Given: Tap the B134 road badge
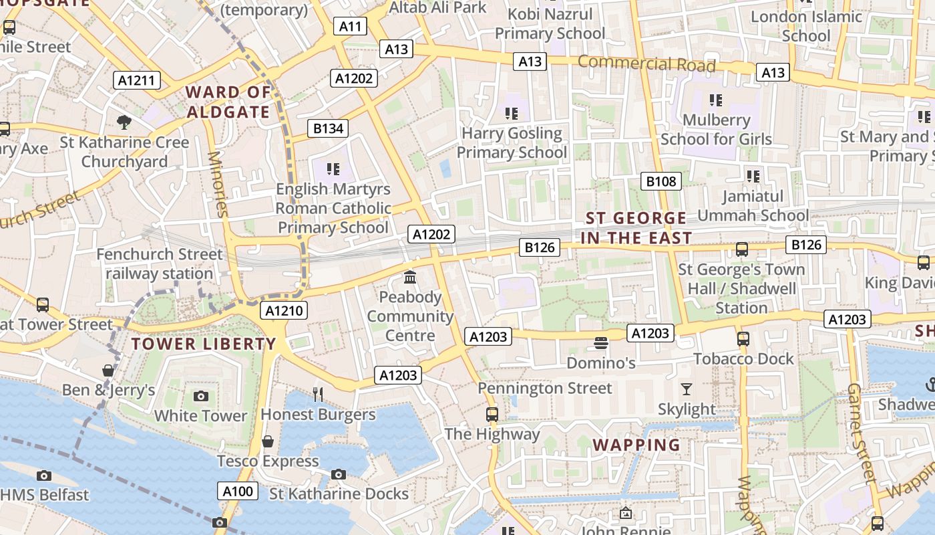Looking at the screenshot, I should point(328,128).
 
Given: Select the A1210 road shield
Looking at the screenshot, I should point(285,310).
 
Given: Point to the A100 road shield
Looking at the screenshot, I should point(238,492).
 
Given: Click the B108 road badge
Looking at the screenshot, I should point(661,181).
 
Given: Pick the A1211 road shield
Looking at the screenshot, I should point(136,81).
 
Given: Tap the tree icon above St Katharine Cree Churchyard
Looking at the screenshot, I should point(124,122).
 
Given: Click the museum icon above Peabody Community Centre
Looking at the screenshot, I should point(410,277).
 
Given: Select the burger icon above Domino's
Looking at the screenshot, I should point(600,344).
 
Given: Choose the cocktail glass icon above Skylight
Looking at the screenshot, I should point(687,389).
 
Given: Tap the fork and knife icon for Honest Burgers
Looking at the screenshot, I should point(318,395).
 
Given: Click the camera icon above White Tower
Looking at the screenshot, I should point(200,396).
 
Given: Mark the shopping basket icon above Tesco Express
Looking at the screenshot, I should point(268,441).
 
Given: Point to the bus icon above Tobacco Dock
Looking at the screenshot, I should point(743,339).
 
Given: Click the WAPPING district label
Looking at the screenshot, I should point(636,445).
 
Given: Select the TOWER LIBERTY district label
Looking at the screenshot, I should point(203,344).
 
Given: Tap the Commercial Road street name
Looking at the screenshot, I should point(646,64).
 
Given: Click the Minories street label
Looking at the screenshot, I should point(218,184).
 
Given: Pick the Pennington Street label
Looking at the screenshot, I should point(544,389).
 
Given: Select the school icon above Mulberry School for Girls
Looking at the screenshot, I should point(716,100).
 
